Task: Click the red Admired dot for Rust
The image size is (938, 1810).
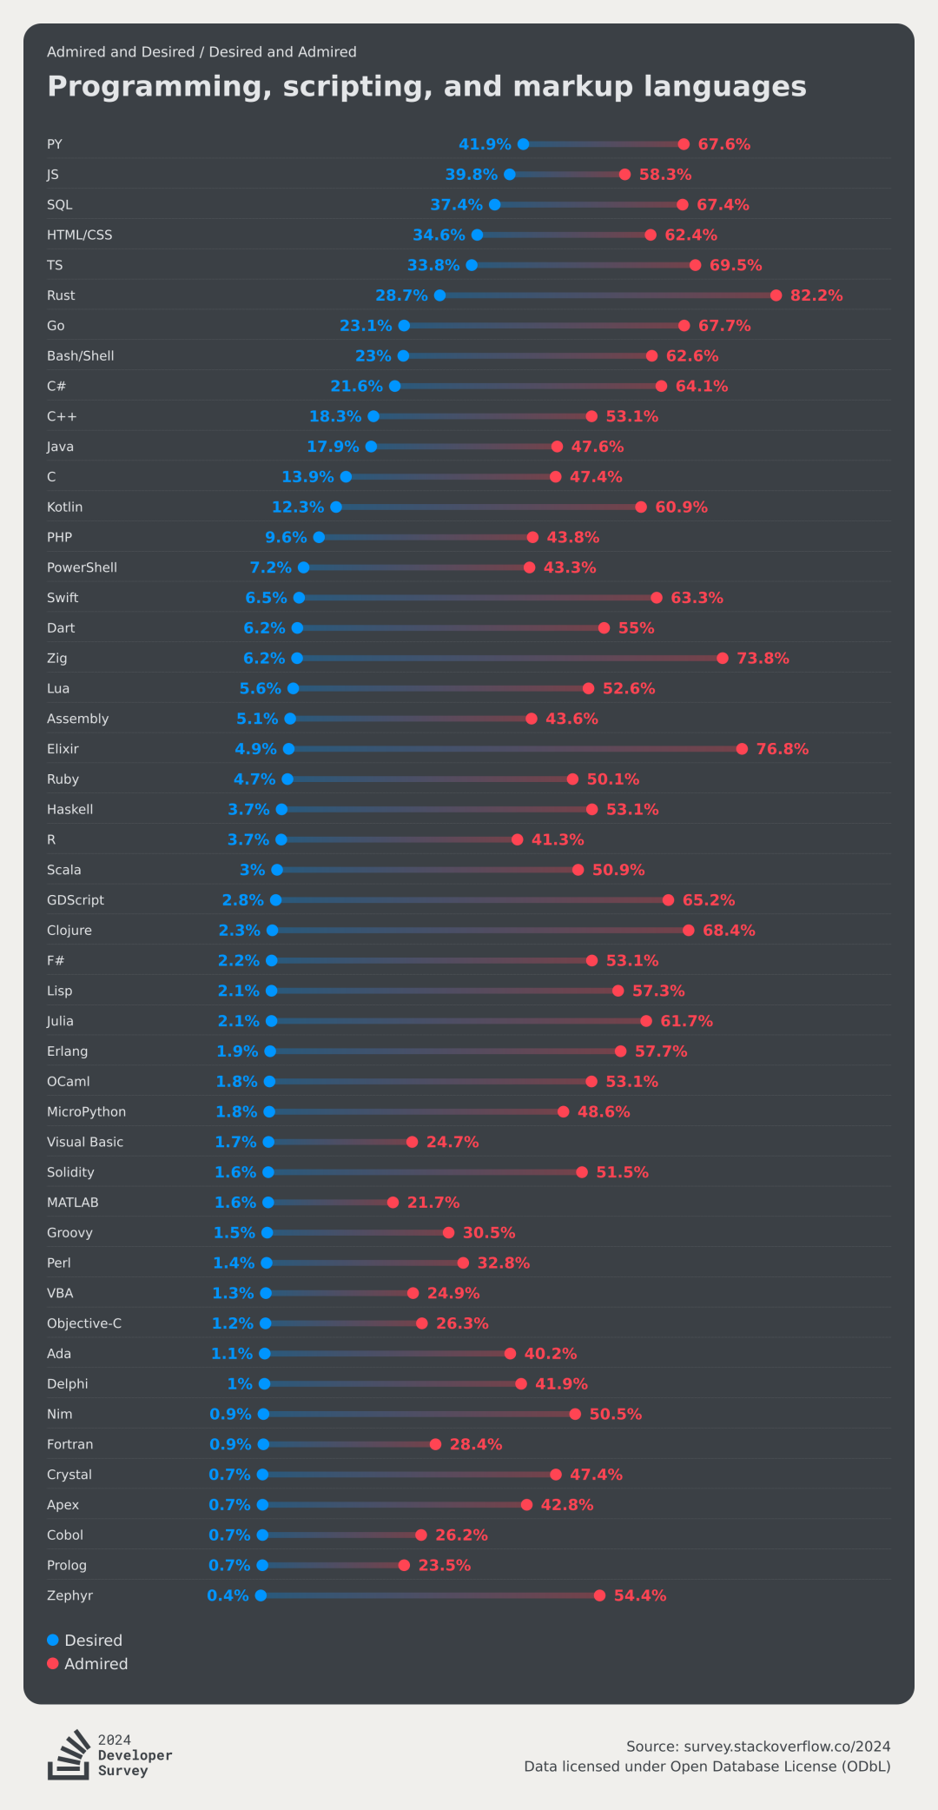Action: [x=776, y=295]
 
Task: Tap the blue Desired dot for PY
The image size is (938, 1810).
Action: [x=523, y=144]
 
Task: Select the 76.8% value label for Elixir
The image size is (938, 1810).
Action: [x=782, y=749]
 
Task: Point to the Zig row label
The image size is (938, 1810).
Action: [x=57, y=659]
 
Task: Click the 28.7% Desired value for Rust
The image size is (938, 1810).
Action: [x=401, y=295]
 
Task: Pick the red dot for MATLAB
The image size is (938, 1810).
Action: [x=393, y=1203]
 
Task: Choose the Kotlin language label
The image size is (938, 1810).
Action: [x=65, y=507]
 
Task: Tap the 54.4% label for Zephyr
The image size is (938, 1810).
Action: [x=640, y=1595]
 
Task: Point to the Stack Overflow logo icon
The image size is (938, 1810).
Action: [x=69, y=1754]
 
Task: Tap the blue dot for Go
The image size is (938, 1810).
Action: [x=404, y=326]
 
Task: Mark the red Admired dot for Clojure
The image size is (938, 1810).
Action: [x=689, y=931]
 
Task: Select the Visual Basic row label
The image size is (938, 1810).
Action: [x=85, y=1142]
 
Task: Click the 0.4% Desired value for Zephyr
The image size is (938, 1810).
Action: [x=228, y=1595]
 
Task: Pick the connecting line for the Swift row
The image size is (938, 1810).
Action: [x=478, y=598]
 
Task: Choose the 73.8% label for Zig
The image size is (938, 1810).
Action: [x=763, y=659]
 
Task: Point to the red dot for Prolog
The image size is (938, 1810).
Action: [x=404, y=1565]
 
